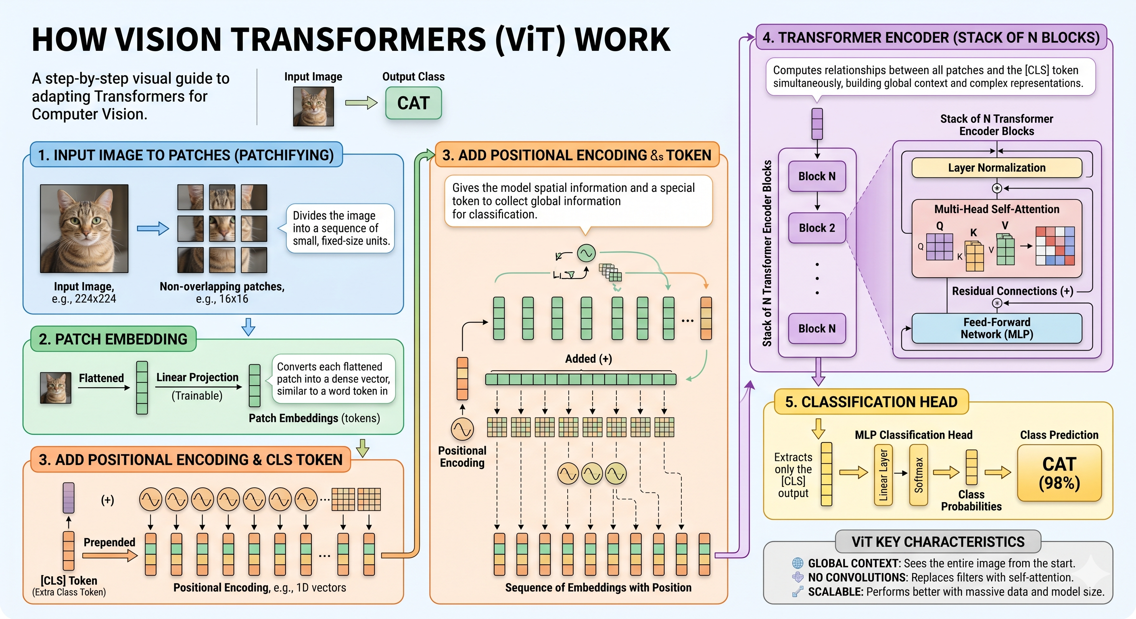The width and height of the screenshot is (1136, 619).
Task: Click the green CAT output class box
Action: (x=413, y=103)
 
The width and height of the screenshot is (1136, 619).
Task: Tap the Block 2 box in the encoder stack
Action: (x=817, y=228)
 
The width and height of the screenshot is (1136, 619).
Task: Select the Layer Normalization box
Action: (x=997, y=168)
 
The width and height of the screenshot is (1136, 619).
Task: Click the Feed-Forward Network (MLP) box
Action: (x=997, y=328)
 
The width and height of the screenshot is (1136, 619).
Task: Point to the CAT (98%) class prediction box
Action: (x=1059, y=473)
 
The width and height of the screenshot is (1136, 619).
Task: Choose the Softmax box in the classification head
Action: (x=919, y=475)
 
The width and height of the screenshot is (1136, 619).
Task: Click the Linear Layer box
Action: (x=883, y=475)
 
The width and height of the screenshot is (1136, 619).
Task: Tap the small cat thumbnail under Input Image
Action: (x=313, y=106)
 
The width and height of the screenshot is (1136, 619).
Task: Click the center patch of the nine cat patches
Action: (x=222, y=228)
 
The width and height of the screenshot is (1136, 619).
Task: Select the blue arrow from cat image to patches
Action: (x=153, y=228)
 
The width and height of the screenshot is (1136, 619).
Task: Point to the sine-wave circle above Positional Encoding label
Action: (x=462, y=429)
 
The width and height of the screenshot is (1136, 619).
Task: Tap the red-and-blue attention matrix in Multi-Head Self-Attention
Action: (x=1055, y=246)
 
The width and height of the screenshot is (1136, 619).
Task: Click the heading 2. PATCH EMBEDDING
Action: (x=113, y=339)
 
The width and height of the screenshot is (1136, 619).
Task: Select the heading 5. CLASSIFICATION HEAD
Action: (x=871, y=402)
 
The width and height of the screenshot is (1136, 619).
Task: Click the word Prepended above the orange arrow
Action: (x=109, y=542)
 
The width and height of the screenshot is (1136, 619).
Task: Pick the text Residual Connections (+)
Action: (x=1013, y=291)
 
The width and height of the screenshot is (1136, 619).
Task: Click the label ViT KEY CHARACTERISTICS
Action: (x=938, y=542)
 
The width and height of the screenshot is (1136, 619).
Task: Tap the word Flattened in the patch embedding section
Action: (x=101, y=378)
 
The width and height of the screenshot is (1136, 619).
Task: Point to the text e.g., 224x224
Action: (x=84, y=299)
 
